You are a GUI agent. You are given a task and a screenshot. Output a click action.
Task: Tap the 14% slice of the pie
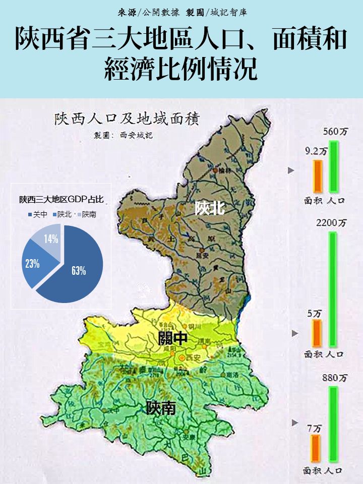pos(49,238)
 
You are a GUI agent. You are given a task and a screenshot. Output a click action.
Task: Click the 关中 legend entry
pos(37,214)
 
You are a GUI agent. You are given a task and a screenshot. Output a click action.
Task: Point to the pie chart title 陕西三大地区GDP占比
pos(62,199)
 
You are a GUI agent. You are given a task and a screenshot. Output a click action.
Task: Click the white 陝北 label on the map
pos(210,208)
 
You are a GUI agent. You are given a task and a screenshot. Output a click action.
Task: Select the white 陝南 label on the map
pos(161,407)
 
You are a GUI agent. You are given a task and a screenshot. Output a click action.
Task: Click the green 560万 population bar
pos(333,166)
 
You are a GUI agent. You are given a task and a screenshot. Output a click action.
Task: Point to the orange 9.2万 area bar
pos(317,176)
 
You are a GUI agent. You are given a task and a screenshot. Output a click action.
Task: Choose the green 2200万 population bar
pos(333,288)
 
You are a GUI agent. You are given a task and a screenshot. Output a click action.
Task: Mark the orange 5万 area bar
pos(317,333)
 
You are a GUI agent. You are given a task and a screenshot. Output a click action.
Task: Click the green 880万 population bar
pos(333,423)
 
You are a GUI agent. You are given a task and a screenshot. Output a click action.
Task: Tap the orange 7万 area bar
pos(316,448)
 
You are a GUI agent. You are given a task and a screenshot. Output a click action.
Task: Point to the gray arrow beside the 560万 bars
pos(290,170)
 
